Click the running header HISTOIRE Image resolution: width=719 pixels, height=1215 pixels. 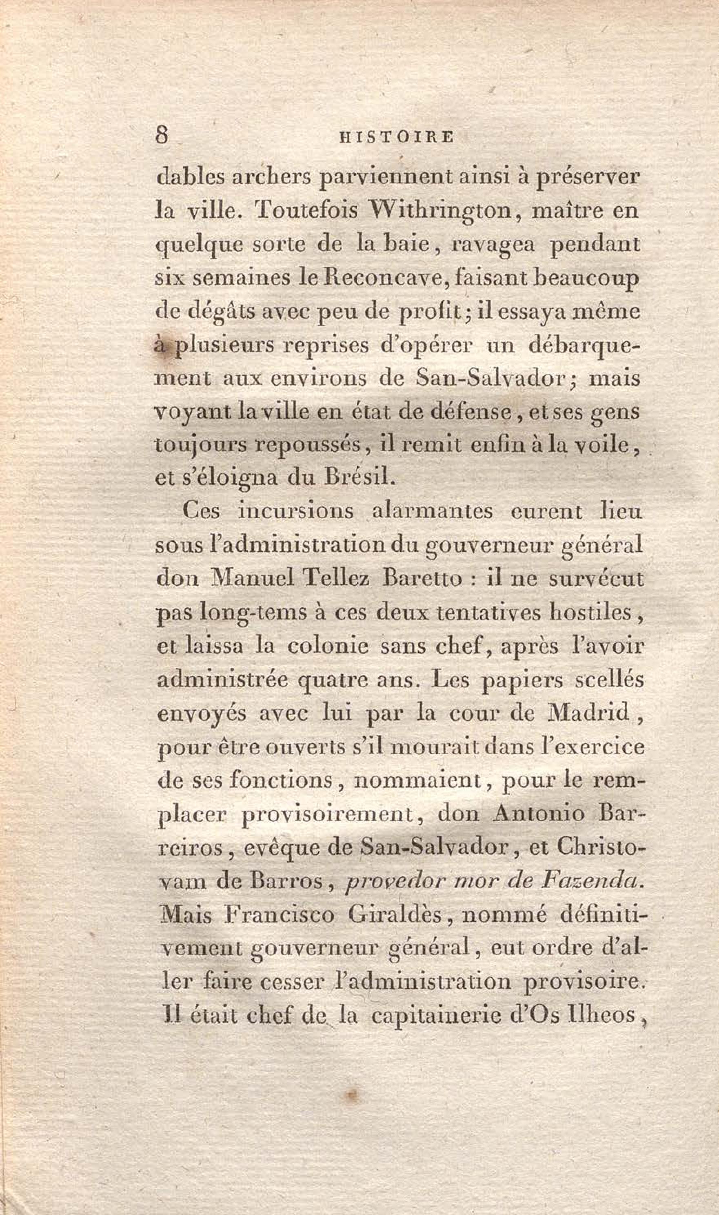point(397,137)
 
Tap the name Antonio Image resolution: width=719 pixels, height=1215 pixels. point(538,813)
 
